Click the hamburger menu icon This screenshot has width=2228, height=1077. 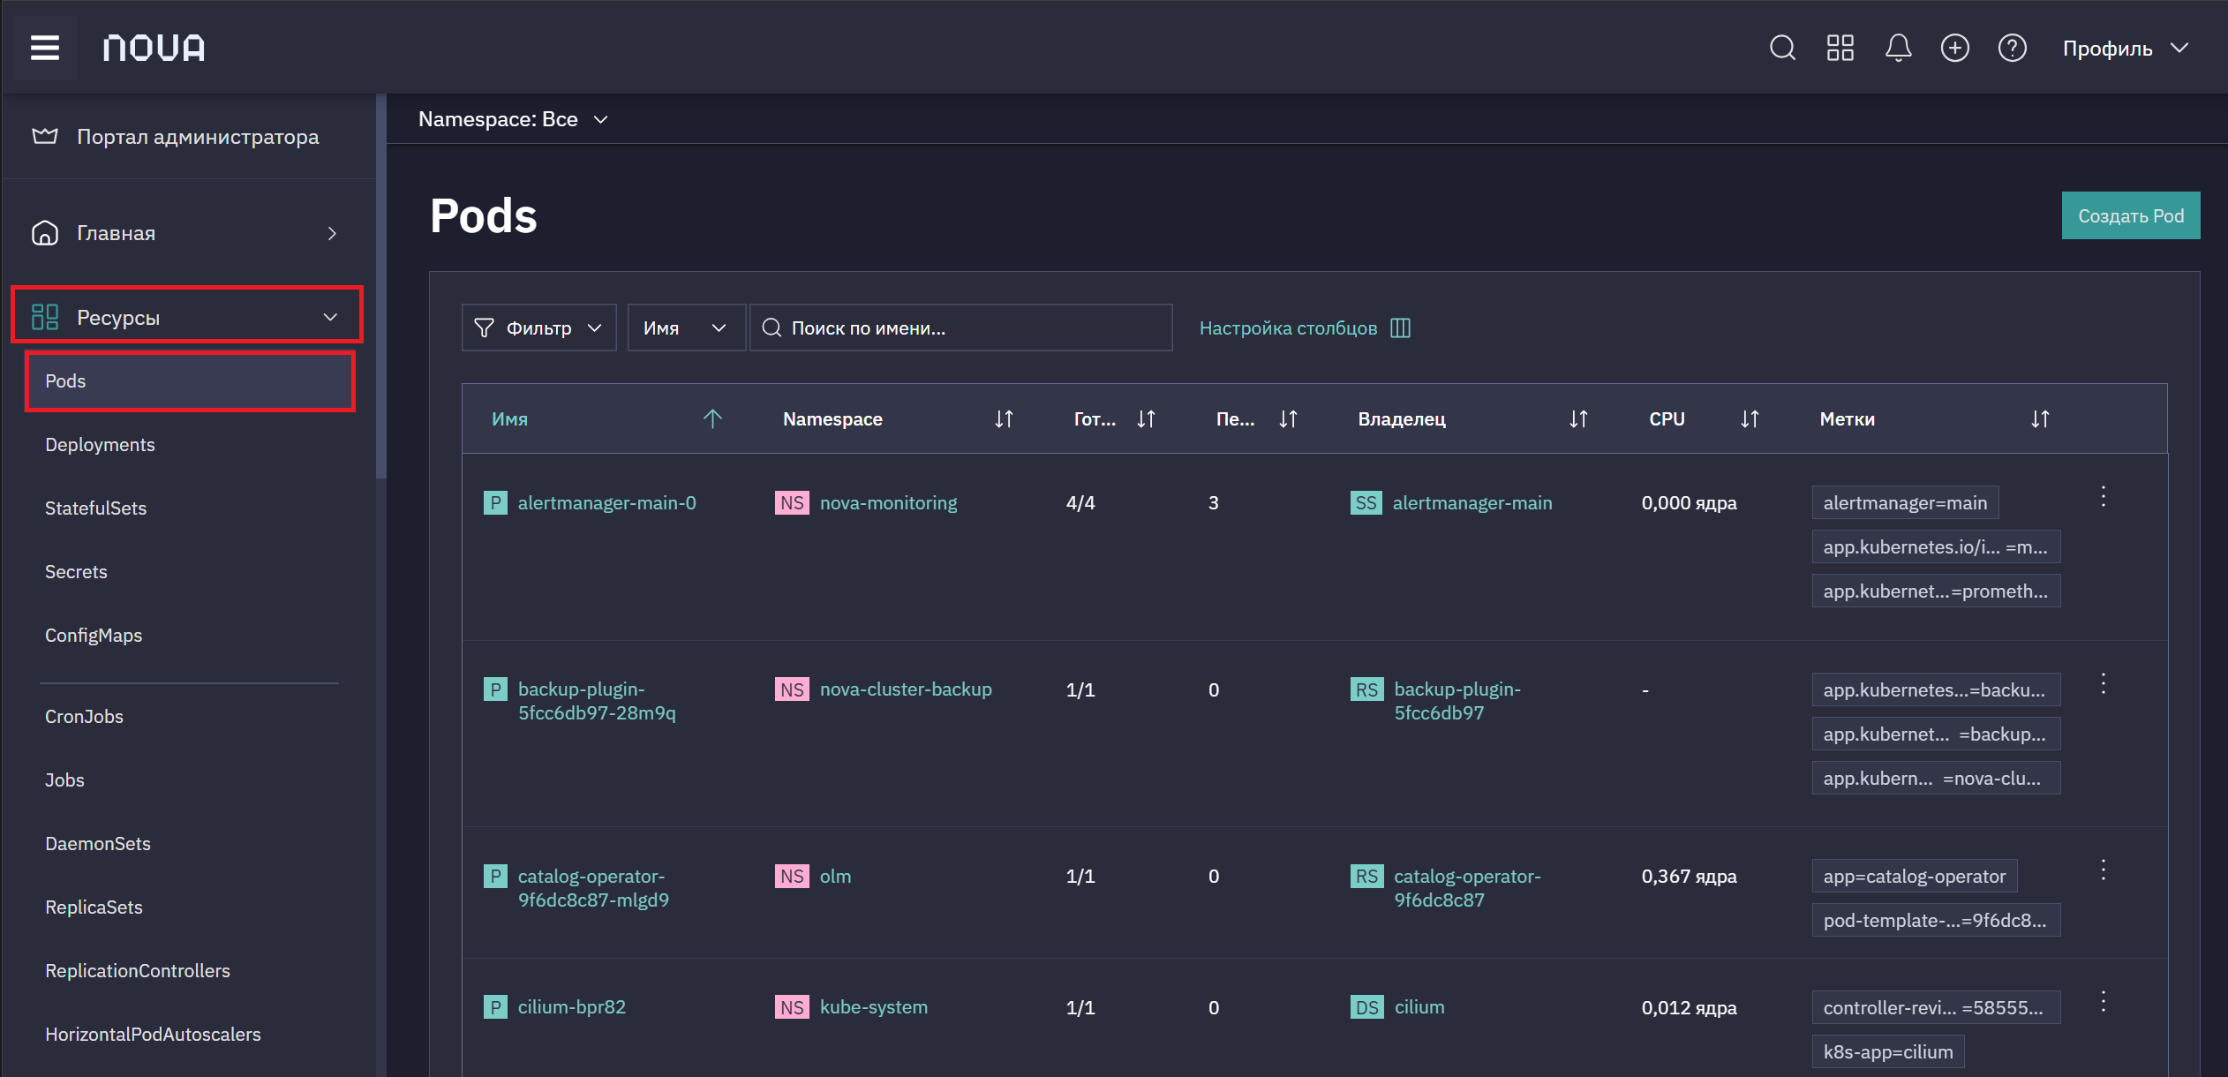pyautogui.click(x=45, y=48)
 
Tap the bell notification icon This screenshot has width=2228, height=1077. pyautogui.click(x=1898, y=48)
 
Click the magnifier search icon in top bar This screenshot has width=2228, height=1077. pyautogui.click(x=1782, y=48)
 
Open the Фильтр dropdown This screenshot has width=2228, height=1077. pyautogui.click(x=538, y=328)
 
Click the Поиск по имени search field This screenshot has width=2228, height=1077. pyautogui.click(x=960, y=328)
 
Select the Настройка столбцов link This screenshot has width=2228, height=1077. pyautogui.click(x=1305, y=328)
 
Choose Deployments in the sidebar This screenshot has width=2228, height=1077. pyautogui.click(x=100, y=445)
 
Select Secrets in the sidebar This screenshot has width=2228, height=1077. pyautogui.click(x=76, y=572)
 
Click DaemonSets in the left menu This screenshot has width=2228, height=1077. pyautogui.click(x=98, y=844)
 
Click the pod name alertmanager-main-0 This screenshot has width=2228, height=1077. pyautogui.click(x=606, y=503)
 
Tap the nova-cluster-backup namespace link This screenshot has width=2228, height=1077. pyautogui.click(x=906, y=689)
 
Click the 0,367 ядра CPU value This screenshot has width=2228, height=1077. pyautogui.click(x=1689, y=877)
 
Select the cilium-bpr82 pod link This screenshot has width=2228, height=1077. pyautogui.click(x=571, y=1007)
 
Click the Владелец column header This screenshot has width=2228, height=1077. pyautogui.click(x=1402, y=419)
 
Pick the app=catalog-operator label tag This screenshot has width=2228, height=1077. pyautogui.click(x=1915, y=877)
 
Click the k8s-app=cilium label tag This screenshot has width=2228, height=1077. pyautogui.click(x=1888, y=1052)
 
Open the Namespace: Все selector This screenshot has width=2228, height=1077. pyautogui.click(x=513, y=119)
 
